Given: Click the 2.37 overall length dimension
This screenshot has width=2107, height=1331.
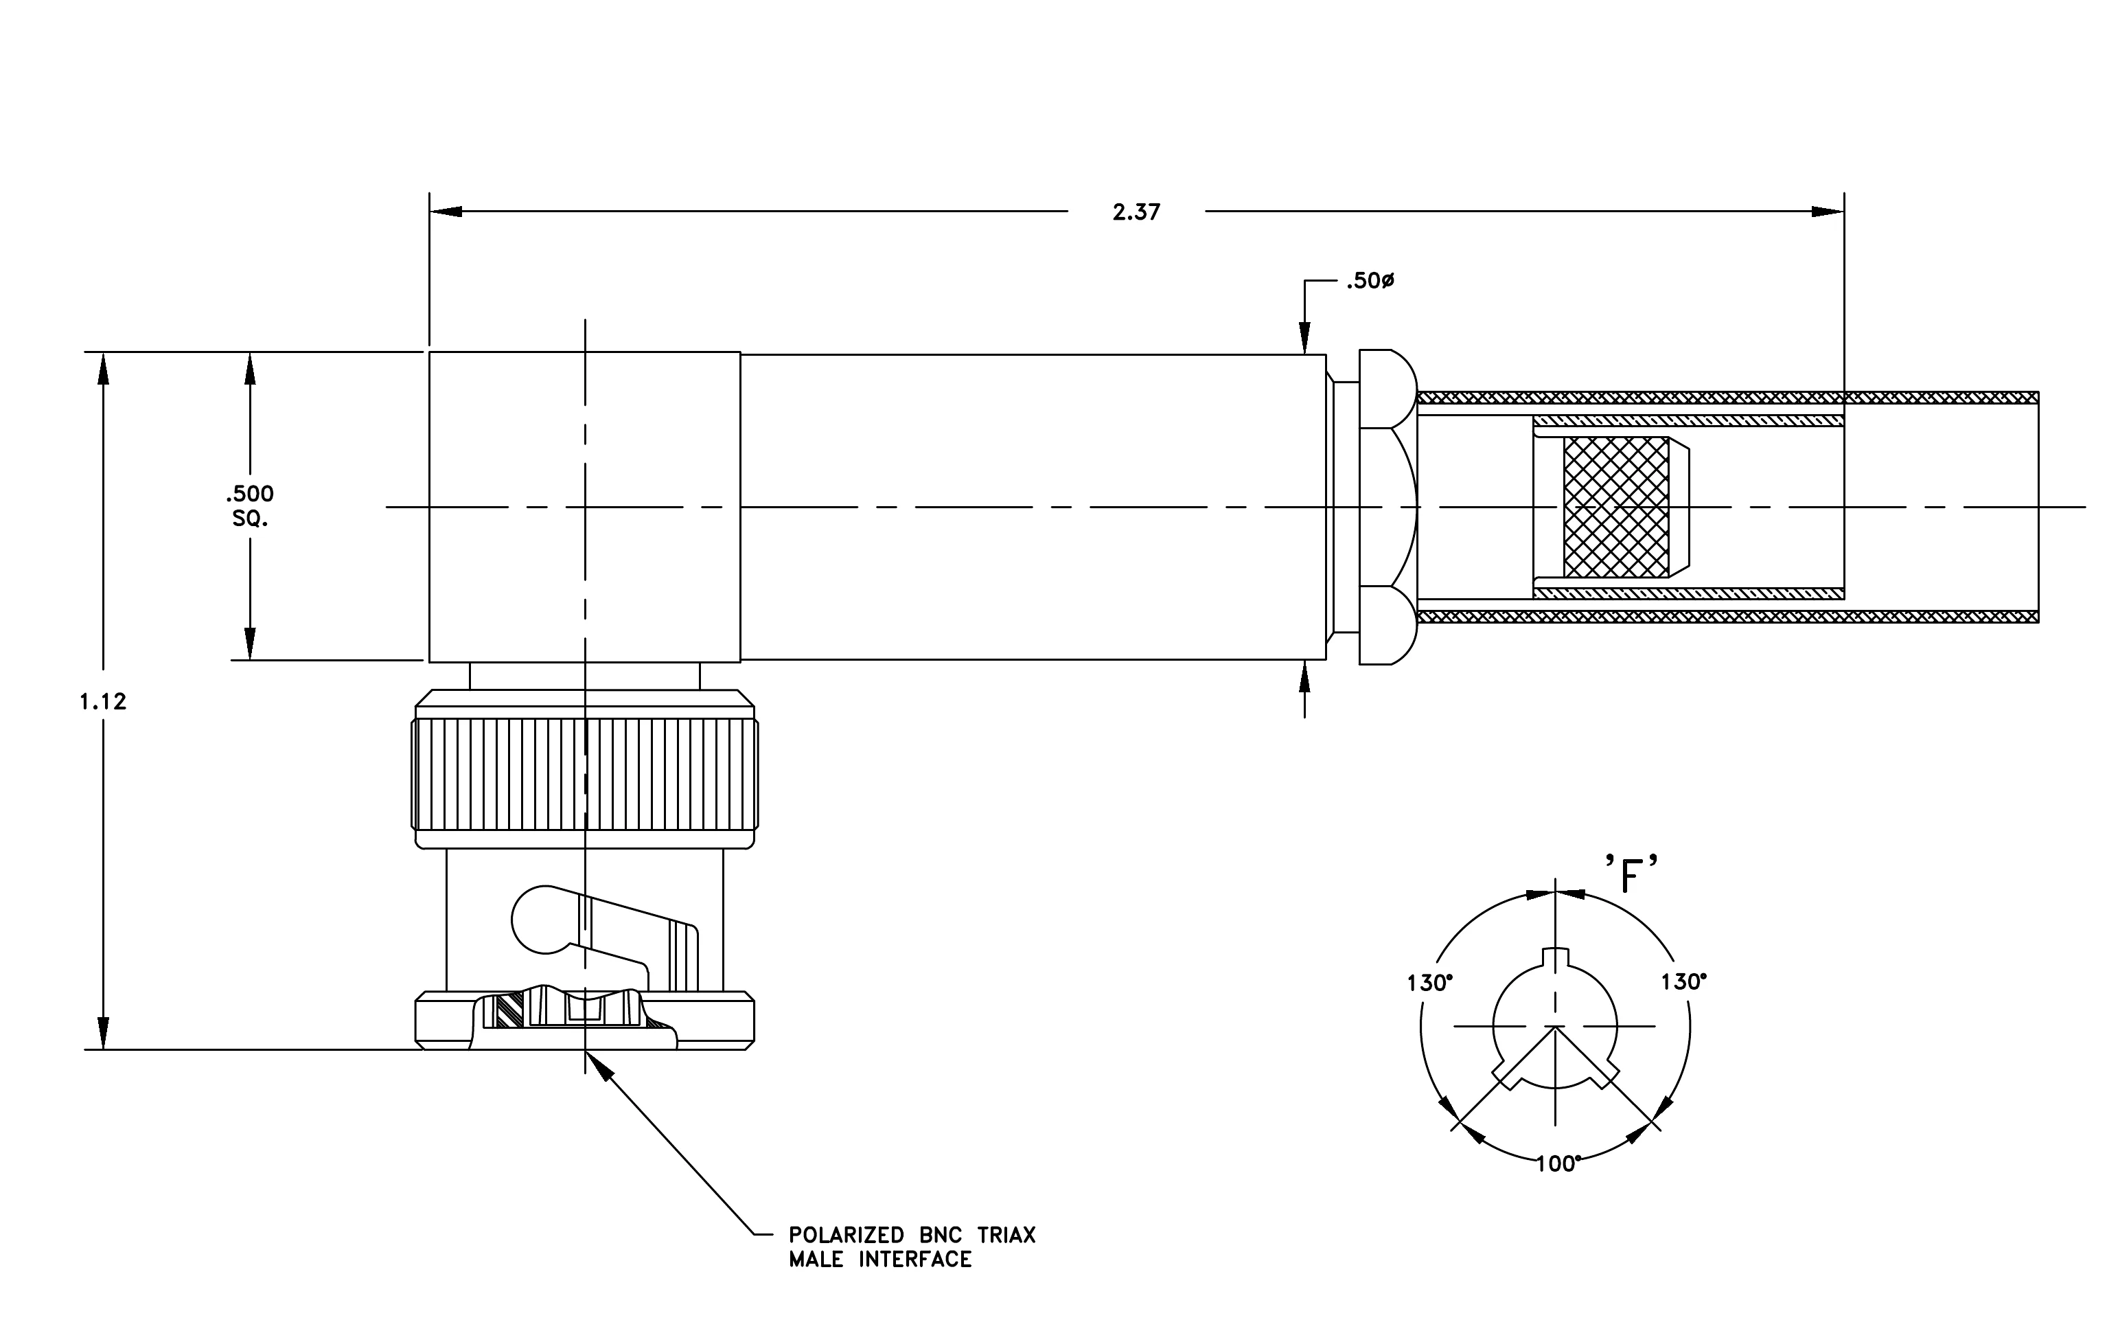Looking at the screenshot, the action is click(1136, 212).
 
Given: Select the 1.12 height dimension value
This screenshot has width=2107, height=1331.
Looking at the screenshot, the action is click(103, 701).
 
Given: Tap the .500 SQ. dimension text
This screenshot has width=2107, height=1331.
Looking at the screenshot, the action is click(251, 505).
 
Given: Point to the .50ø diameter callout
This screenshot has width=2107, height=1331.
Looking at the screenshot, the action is click(1370, 281).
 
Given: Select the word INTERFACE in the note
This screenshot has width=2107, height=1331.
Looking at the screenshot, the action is click(915, 1260).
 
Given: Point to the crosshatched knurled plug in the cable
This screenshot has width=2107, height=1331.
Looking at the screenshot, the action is click(1616, 507).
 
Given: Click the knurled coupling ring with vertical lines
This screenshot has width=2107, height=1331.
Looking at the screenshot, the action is click(584, 773).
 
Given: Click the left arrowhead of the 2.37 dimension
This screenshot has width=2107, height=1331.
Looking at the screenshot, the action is click(446, 212).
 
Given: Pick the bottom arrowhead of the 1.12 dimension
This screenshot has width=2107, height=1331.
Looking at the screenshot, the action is click(103, 1034).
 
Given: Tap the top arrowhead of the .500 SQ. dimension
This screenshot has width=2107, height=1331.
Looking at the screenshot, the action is click(251, 368).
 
